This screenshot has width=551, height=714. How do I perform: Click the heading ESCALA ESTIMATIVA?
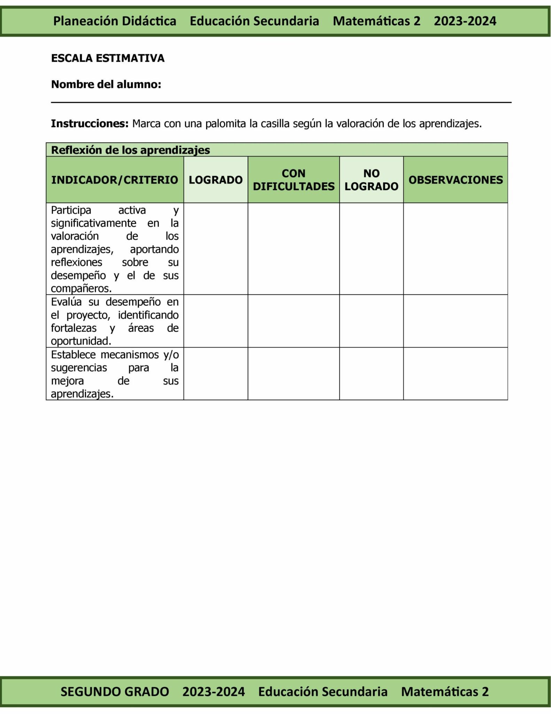[108, 58]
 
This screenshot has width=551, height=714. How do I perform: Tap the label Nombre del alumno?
[106, 84]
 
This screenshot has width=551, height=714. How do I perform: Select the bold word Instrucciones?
[90, 124]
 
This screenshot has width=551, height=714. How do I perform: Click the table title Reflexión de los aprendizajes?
[130, 150]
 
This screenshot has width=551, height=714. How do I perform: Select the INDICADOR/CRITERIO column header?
[115, 180]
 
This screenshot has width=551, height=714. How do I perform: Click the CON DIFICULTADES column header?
[293, 180]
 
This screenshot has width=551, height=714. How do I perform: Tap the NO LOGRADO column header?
[371, 180]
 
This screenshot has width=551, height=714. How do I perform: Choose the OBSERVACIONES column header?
[456, 180]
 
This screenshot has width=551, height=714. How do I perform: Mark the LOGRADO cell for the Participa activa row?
[216, 249]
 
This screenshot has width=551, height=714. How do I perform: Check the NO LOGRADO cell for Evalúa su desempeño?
[371, 321]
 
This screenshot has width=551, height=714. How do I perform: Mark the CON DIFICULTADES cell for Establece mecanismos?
[293, 374]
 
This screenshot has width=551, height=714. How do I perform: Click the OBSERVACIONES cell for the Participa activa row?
[456, 249]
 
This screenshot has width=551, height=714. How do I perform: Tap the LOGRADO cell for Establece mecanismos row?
[216, 374]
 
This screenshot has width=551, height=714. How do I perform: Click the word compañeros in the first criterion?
[81, 289]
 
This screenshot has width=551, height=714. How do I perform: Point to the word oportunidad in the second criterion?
[81, 341]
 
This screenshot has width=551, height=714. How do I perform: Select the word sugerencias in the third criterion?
[79, 368]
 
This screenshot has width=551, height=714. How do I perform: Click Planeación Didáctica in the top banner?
[115, 21]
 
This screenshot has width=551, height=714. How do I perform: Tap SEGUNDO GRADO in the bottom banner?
[115, 691]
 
